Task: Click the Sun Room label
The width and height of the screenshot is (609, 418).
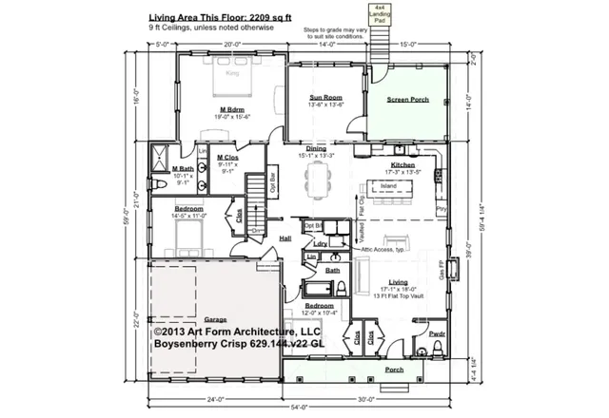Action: click(324, 97)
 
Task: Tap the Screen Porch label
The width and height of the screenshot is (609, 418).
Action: click(404, 99)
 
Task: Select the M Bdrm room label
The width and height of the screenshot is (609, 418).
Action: click(232, 111)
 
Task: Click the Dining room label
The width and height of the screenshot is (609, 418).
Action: click(316, 149)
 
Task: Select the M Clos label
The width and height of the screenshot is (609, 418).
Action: click(227, 157)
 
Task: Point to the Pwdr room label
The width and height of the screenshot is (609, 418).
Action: click(437, 335)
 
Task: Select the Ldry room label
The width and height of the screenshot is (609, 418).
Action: click(320, 243)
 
